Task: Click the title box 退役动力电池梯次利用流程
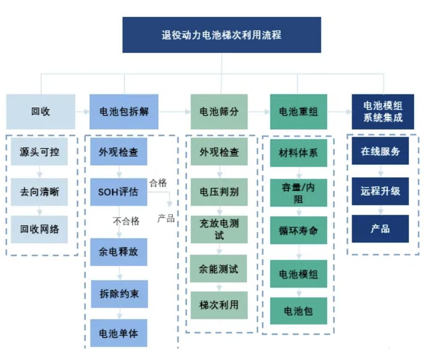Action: (221, 35)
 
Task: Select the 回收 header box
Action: (41, 112)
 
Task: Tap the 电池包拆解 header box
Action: (124, 112)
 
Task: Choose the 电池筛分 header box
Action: (219, 112)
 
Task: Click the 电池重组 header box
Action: (298, 112)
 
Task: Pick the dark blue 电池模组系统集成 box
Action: (383, 112)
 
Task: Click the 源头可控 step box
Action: (39, 152)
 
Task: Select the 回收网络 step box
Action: (39, 229)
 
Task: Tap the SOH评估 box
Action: (118, 192)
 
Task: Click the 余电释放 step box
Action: (118, 251)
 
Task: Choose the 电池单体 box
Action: (118, 333)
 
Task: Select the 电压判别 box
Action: (219, 192)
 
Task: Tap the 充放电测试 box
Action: (219, 229)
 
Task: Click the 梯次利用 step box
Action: (219, 305)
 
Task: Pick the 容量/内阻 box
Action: (298, 193)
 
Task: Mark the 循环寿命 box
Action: (298, 230)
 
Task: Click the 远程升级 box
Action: (380, 191)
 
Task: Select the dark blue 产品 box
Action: (380, 229)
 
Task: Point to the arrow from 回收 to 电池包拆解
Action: (82, 112)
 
